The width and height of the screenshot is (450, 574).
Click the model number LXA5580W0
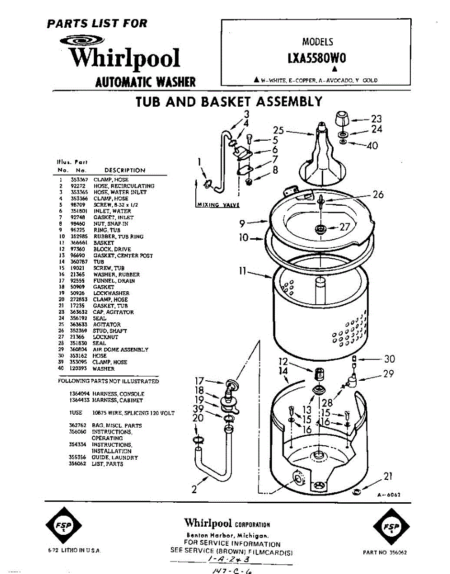[316, 58]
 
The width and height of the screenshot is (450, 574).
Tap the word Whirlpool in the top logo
[124, 58]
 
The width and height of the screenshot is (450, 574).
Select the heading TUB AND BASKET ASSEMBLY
[229, 102]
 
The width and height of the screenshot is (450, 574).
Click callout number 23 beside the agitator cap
[376, 119]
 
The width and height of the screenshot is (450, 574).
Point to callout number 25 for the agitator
[279, 130]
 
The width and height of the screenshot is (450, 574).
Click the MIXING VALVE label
[218, 205]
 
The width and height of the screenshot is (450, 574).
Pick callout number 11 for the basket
[243, 271]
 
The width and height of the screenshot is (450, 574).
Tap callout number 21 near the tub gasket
[388, 476]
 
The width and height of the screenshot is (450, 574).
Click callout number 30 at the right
[389, 359]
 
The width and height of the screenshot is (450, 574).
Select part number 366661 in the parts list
[78, 243]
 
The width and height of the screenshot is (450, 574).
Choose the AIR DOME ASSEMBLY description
[121, 350]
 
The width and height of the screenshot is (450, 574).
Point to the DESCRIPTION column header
[124, 170]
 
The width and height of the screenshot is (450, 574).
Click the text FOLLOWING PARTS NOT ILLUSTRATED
[108, 381]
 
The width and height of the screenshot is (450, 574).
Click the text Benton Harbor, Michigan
[227, 536]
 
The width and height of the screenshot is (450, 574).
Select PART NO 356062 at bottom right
[384, 552]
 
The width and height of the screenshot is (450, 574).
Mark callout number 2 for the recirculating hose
[194, 489]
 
